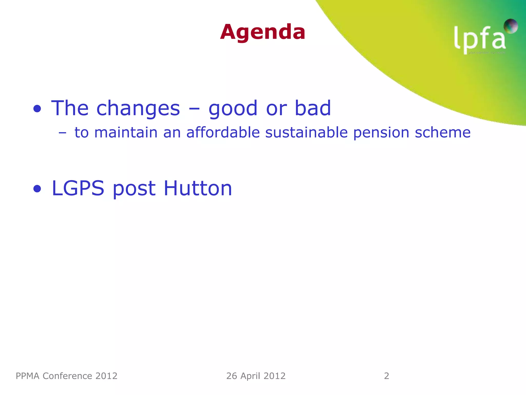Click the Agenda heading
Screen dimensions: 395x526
coord(262,32)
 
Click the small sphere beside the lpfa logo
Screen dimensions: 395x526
coord(511,26)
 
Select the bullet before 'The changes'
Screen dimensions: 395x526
coord(37,109)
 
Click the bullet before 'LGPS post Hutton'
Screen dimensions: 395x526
coord(37,189)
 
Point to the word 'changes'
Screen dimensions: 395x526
coord(138,108)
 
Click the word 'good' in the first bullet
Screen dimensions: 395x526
coord(233,109)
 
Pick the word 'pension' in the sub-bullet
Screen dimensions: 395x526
coord(381,133)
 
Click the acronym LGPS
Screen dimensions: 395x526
coord(78,188)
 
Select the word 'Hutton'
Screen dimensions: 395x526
coord(198,188)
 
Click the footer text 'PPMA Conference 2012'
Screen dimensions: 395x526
coord(67,376)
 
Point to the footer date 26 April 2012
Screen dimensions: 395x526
coord(256,376)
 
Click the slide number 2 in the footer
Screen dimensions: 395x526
coord(387,376)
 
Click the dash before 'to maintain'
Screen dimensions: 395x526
coord(62,133)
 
